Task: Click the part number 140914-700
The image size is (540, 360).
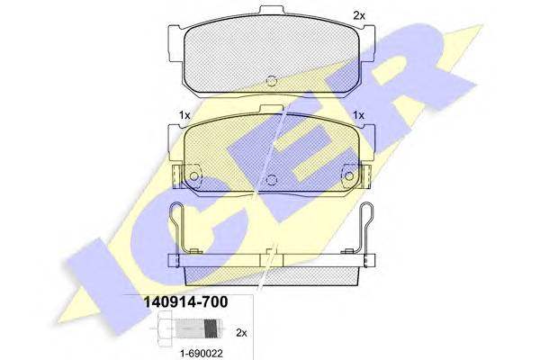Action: point(185,302)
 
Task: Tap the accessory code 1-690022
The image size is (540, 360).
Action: point(202,353)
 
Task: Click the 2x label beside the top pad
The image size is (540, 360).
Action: point(359,15)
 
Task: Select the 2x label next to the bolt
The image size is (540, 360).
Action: point(241,333)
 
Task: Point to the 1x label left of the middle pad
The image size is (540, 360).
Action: point(184,115)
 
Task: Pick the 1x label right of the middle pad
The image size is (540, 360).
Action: point(358,115)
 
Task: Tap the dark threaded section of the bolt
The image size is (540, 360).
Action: point(211,328)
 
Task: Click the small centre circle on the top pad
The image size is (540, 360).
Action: point(272,81)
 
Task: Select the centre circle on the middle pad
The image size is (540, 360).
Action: point(272,179)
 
